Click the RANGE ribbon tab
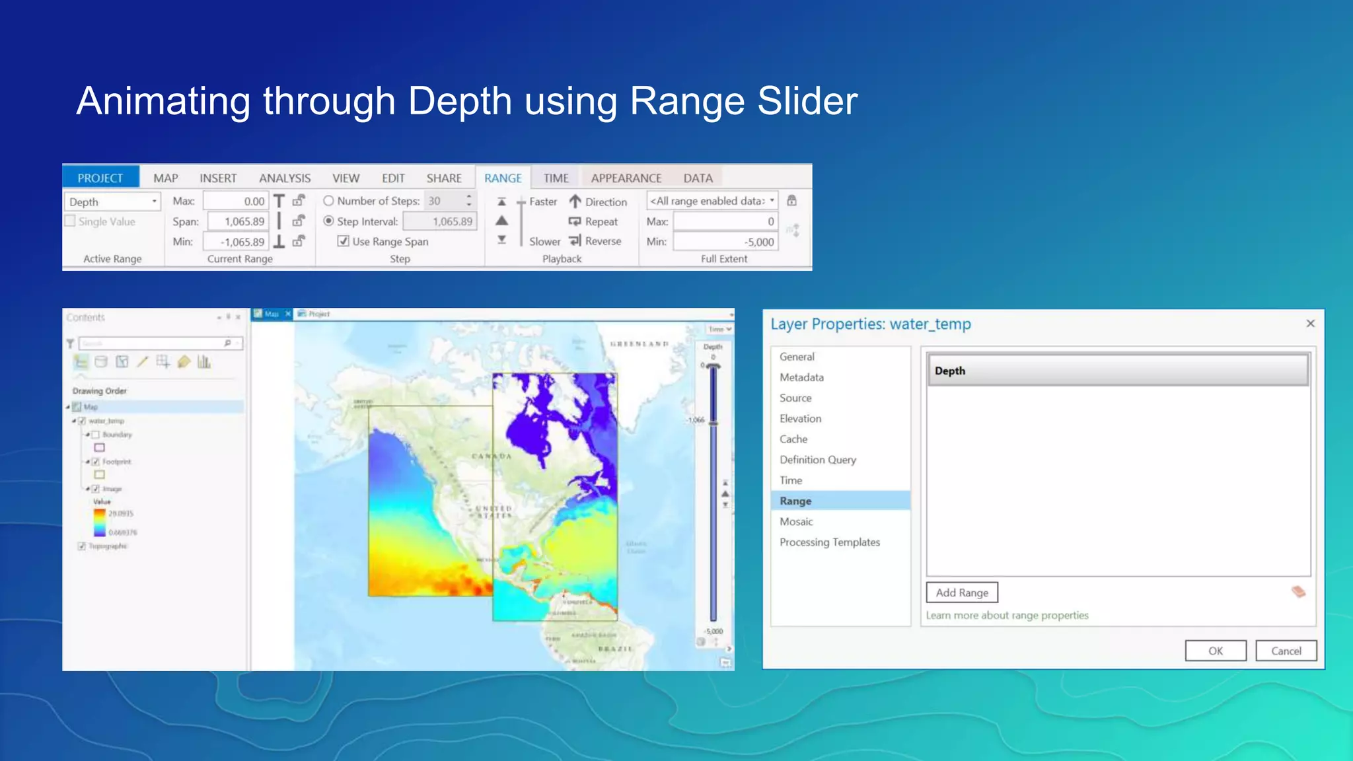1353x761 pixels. click(503, 178)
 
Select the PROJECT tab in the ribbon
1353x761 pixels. click(100, 178)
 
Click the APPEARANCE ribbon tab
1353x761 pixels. click(626, 178)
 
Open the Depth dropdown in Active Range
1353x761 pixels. click(154, 201)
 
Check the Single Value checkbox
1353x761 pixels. click(70, 221)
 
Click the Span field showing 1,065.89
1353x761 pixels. click(238, 221)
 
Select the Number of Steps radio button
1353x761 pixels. click(328, 200)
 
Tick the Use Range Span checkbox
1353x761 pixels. click(344, 241)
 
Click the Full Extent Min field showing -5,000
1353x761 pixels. click(725, 242)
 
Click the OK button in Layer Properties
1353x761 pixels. click(1215, 651)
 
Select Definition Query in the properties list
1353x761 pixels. click(817, 460)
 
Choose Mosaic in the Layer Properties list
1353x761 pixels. click(796, 522)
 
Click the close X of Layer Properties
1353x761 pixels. click(1311, 323)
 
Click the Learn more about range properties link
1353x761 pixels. click(1007, 615)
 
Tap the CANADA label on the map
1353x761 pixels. click(492, 456)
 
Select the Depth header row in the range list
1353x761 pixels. click(1118, 371)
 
